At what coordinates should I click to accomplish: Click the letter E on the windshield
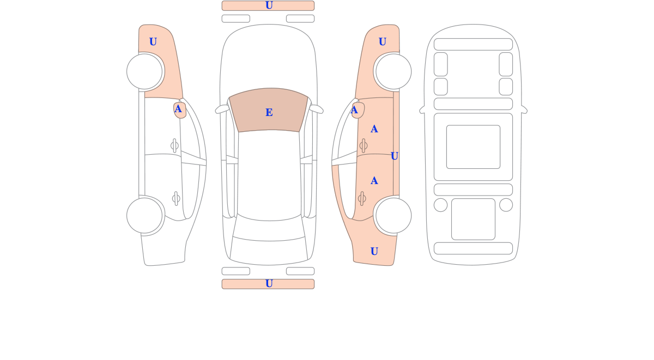[x=269, y=112]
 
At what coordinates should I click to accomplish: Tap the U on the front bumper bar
[x=269, y=5]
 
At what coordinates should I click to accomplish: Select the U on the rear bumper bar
[x=269, y=284]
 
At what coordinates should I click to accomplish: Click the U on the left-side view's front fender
[x=153, y=42]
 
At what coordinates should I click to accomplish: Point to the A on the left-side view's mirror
[x=178, y=109]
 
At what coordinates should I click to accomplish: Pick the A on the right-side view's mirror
[x=354, y=110]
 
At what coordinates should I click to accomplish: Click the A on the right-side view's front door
[x=374, y=129]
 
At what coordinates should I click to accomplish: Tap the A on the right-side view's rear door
[x=374, y=181]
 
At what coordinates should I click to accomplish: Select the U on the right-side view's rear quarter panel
[x=374, y=252]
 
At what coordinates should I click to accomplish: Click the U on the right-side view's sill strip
[x=395, y=156]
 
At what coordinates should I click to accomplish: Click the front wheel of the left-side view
[x=144, y=71]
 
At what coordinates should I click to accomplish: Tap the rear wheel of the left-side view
[x=144, y=216]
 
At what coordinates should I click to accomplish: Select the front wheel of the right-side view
[x=393, y=71]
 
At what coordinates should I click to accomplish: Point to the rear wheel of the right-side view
[x=393, y=216]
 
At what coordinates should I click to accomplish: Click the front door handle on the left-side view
[x=174, y=145]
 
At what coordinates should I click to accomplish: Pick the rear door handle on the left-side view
[x=176, y=199]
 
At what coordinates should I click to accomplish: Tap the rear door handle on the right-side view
[x=362, y=199]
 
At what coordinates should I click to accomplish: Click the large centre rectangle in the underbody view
[x=473, y=147]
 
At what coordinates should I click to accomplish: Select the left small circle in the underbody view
[x=440, y=205]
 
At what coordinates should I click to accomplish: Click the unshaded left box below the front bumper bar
[x=236, y=19]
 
